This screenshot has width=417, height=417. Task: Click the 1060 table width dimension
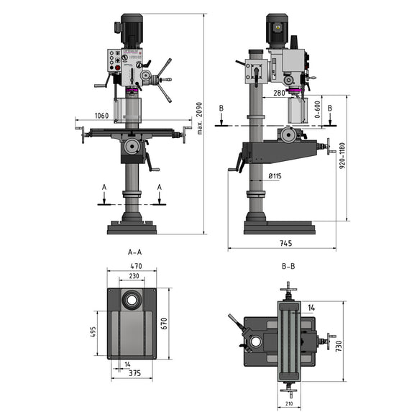tap(101, 115)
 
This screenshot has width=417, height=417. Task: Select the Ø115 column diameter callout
tap(274, 175)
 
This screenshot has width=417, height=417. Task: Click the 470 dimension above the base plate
tap(134, 266)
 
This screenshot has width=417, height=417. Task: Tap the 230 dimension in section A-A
tap(134, 276)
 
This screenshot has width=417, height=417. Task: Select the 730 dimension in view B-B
tap(338, 347)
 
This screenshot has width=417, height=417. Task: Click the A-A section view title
tap(134, 252)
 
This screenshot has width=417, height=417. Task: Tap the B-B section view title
tap(288, 265)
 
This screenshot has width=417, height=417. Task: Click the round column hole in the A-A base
tap(133, 299)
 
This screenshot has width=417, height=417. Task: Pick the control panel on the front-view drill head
tap(116, 60)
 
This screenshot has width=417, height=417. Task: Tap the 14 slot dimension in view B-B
tap(310, 308)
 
